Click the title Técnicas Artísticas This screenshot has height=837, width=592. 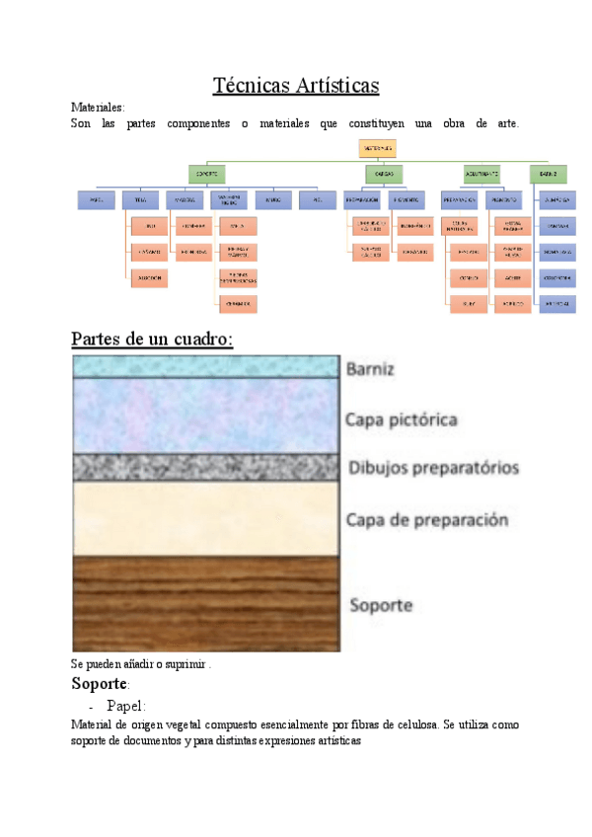pyautogui.click(x=296, y=86)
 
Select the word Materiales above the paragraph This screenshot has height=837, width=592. pyautogui.click(x=98, y=107)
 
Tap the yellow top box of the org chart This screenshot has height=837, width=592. pyautogui.click(x=376, y=147)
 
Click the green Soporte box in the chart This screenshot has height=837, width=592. pyautogui.click(x=208, y=174)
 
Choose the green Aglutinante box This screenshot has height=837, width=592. pyautogui.click(x=481, y=174)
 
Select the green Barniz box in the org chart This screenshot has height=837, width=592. pyautogui.click(x=549, y=174)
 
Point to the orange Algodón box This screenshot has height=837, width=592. pyautogui.click(x=149, y=279)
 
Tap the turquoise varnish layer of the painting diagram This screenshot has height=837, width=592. pyautogui.click(x=205, y=366)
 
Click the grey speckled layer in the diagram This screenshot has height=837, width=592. pyautogui.click(x=205, y=468)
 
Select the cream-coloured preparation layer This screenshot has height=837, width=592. pyautogui.click(x=205, y=518)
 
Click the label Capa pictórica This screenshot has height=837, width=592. pyautogui.click(x=401, y=419)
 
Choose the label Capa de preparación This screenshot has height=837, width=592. pyautogui.click(x=426, y=519)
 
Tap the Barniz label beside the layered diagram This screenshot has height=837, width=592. pyautogui.click(x=371, y=371)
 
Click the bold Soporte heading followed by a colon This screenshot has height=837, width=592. pyautogui.click(x=101, y=684)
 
